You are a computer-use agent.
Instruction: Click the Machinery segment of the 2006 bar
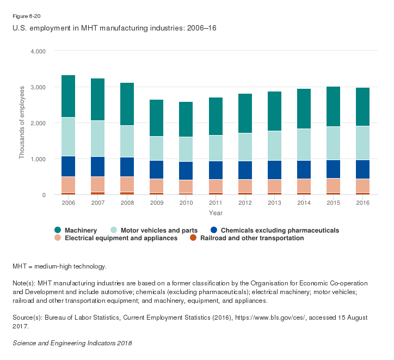tap(69, 96)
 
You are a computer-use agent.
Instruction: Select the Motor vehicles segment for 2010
tap(186, 149)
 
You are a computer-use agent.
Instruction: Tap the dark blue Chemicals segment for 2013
tap(274, 170)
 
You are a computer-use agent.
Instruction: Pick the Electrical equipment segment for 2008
tap(127, 185)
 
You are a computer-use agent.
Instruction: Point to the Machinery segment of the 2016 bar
tap(363, 107)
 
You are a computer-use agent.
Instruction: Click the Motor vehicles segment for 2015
tap(334, 143)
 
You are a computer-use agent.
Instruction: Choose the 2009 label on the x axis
tap(157, 203)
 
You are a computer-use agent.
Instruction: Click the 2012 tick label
tap(245, 203)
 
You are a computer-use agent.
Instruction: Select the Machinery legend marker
tap(58, 230)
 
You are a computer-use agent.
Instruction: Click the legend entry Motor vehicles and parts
tap(155, 230)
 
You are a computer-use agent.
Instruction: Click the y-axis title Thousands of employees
tap(22, 123)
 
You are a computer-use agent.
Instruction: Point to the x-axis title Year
tap(215, 212)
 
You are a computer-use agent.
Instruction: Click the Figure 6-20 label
tap(26, 16)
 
